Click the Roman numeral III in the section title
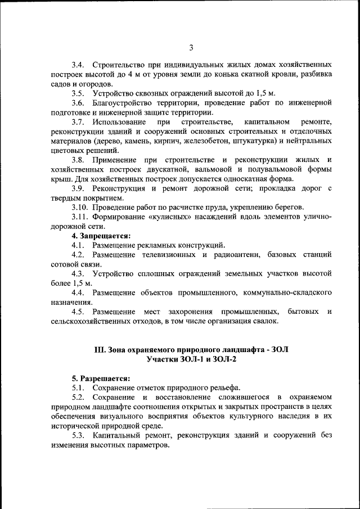[100, 349]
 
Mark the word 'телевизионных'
[166, 255]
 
